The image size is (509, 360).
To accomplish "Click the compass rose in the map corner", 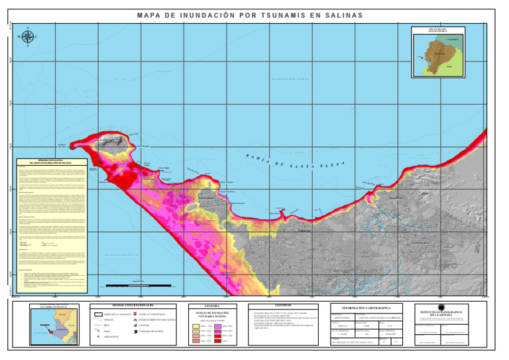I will pos(27,37).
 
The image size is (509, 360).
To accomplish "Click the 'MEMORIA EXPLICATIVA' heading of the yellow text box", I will pos(50,161).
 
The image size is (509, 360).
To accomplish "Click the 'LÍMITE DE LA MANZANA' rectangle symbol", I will pos(100,313).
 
